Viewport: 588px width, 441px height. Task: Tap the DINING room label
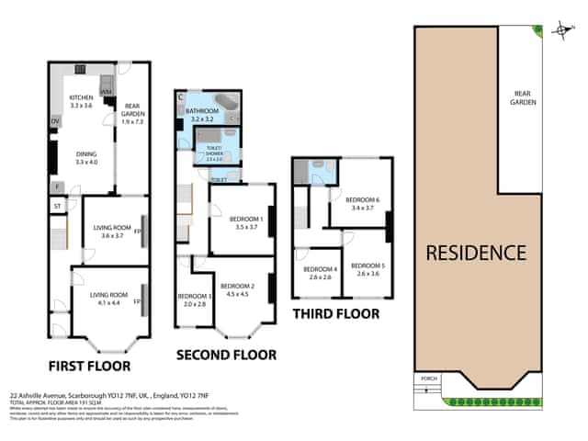point(85,154)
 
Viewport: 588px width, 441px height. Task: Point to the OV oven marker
point(54,121)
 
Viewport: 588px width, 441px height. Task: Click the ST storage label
point(56,205)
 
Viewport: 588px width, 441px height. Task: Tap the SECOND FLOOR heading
point(226,354)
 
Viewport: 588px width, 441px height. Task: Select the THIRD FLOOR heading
point(335,313)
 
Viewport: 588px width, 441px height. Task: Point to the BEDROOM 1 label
point(248,220)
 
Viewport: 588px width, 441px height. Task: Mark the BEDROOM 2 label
point(237,287)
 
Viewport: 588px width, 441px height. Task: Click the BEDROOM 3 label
point(195,296)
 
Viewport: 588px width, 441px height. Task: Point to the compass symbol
point(561,31)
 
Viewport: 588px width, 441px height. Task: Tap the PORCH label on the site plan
point(426,378)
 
